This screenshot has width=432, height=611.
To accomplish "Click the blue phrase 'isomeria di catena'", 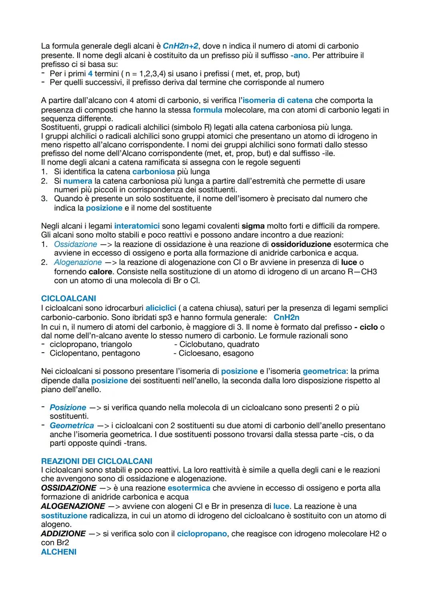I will click(x=277, y=100).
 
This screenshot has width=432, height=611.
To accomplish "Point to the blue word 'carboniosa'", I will click(x=153, y=172).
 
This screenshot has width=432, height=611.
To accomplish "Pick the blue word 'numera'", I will click(x=78, y=181).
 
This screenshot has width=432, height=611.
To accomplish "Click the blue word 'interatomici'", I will click(x=137, y=226).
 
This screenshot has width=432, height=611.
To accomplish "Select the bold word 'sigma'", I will click(x=253, y=226).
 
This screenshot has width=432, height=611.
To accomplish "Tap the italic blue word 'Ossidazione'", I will click(x=75, y=244).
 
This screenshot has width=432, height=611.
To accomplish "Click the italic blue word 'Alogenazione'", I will click(x=78, y=262).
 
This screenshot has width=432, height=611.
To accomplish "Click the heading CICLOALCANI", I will click(x=68, y=298).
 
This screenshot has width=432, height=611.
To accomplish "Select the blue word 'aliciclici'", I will click(x=161, y=308).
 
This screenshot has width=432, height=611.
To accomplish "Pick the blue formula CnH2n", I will click(x=286, y=317).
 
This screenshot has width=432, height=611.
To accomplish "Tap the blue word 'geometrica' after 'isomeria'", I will click(x=324, y=371).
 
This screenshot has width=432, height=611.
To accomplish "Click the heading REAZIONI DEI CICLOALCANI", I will click(x=96, y=461).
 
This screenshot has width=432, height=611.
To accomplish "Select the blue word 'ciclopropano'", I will click(x=202, y=534).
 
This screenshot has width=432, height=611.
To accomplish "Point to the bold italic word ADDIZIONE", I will click(x=63, y=534).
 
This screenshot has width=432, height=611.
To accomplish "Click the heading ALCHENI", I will click(x=58, y=552).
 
